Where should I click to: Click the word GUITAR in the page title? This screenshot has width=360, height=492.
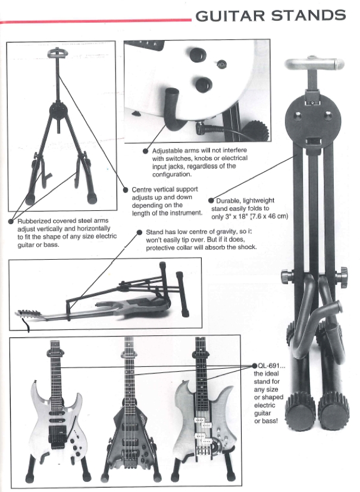[x=230, y=15]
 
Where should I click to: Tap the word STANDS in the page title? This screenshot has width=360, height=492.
[x=309, y=15]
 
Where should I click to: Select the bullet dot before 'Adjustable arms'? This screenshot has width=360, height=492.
[x=146, y=151]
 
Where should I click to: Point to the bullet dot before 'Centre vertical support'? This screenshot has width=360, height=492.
[x=126, y=190]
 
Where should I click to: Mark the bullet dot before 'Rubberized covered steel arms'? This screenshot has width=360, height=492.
[x=11, y=221]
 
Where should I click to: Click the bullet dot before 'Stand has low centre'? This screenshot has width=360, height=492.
[x=140, y=232]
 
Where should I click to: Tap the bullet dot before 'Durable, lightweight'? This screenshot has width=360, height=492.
[x=211, y=201]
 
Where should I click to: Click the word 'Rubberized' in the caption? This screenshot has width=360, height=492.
[x=33, y=221]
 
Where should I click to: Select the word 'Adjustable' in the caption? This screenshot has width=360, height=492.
[x=168, y=151]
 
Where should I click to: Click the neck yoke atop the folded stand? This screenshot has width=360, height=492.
[x=315, y=64]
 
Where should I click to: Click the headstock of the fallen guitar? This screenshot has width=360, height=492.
[x=29, y=313]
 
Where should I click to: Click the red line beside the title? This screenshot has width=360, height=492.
[x=96, y=21]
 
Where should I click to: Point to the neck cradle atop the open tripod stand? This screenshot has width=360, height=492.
[x=56, y=52]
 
